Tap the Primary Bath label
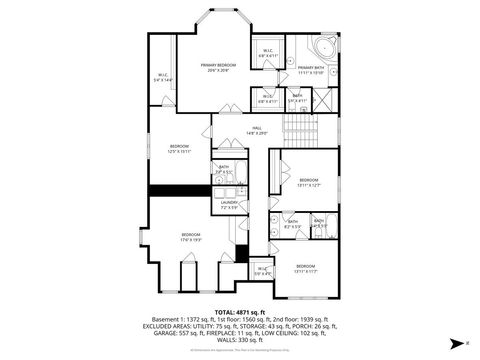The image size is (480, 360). (x=312, y=70)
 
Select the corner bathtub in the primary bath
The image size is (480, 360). (x=325, y=49)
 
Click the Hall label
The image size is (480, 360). (x=256, y=131)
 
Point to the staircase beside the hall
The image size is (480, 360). (x=299, y=126)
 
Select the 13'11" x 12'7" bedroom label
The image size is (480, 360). (x=308, y=183)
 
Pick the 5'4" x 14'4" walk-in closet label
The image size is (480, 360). (x=163, y=77)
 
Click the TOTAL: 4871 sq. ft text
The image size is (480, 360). (x=239, y=313)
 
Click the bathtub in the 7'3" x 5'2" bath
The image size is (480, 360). (x=225, y=185)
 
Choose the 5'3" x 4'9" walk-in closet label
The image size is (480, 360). (x=262, y=269)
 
